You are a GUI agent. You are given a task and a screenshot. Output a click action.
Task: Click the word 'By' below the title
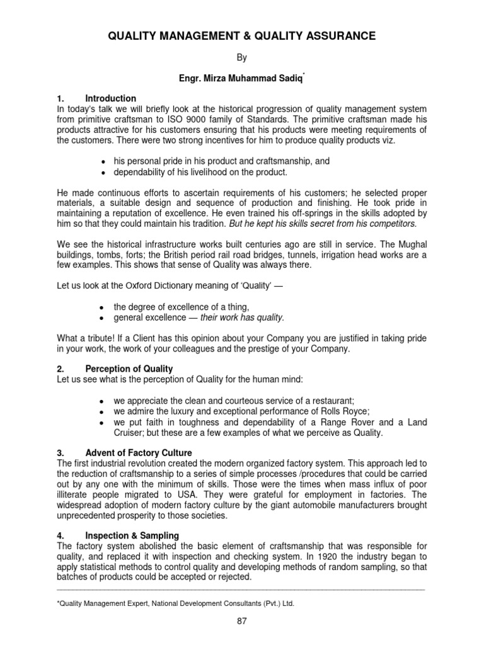(242, 58)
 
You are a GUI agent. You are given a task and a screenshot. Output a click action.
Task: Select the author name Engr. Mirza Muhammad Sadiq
(241, 78)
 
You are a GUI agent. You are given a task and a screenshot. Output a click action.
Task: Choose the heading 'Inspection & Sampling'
(133, 535)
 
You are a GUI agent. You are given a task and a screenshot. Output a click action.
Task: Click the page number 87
(242, 621)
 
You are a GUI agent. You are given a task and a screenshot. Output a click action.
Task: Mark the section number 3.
(59, 454)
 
